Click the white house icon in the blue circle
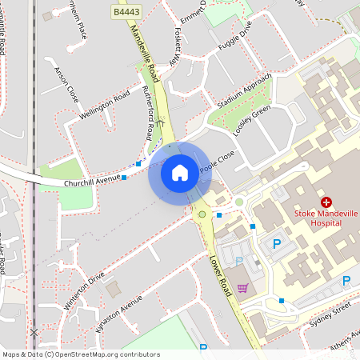coord(179,172)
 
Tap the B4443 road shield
coord(126,13)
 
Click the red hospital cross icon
coord(326,203)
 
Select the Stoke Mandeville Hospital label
coord(326,218)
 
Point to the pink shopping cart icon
coord(242,288)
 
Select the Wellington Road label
coord(105,106)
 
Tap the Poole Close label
coord(218,162)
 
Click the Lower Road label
coord(220,277)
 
